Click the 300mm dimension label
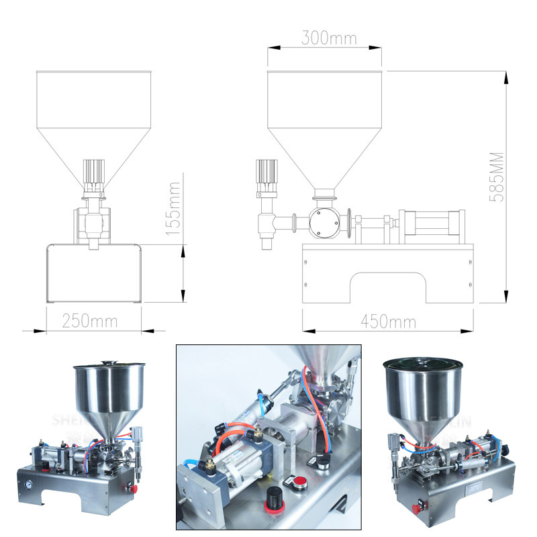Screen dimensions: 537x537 tap(329, 37)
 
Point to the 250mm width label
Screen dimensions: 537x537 tap(90, 321)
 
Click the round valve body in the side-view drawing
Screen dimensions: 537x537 tap(325, 222)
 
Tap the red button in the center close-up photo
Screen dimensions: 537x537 tap(294, 481)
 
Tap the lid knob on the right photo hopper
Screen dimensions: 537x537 tap(423, 360)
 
